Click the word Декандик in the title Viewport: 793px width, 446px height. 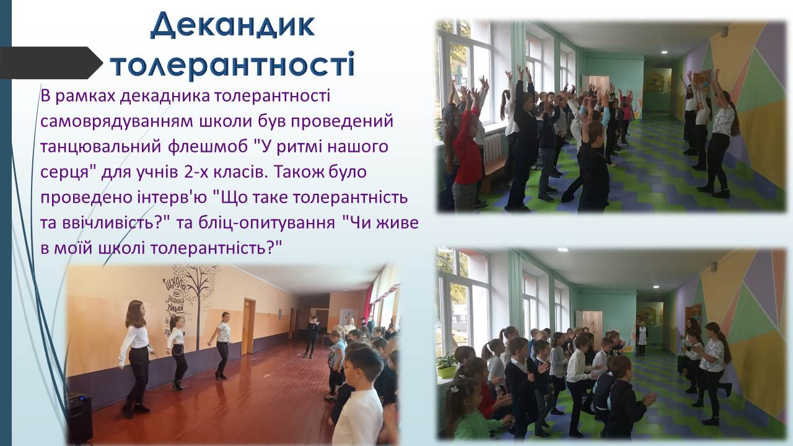click(232, 26)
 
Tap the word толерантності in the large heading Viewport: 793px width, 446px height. click(232, 64)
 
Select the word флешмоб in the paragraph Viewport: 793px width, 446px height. click(208, 146)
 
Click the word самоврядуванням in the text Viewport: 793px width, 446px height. click(118, 121)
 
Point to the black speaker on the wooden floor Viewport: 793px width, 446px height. click(80, 418)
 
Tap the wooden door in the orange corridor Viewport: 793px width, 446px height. click(249, 326)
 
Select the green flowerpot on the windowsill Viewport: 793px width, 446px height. click(447, 371)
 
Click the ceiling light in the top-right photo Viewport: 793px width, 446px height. click(664, 52)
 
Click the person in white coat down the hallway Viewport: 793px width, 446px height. click(641, 338)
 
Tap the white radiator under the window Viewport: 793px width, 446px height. click(493, 148)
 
